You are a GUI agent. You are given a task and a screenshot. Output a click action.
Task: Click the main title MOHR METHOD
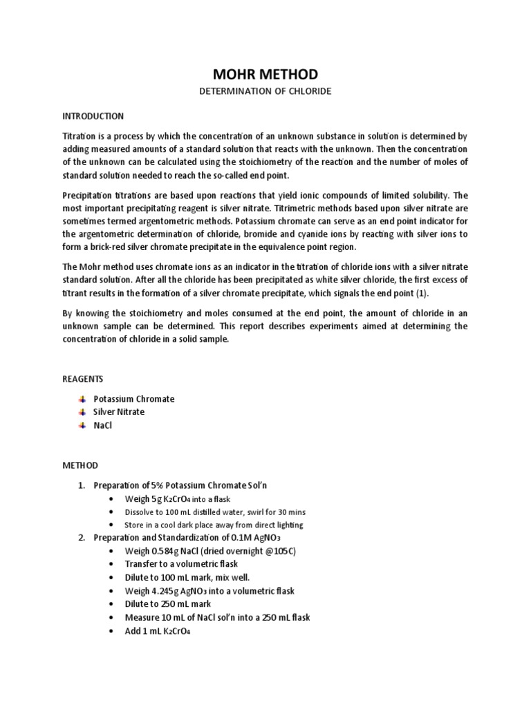click(265, 75)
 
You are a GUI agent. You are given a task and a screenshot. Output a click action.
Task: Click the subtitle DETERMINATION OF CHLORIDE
click(265, 91)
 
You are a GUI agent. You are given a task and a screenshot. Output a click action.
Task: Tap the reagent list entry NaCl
click(103, 425)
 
